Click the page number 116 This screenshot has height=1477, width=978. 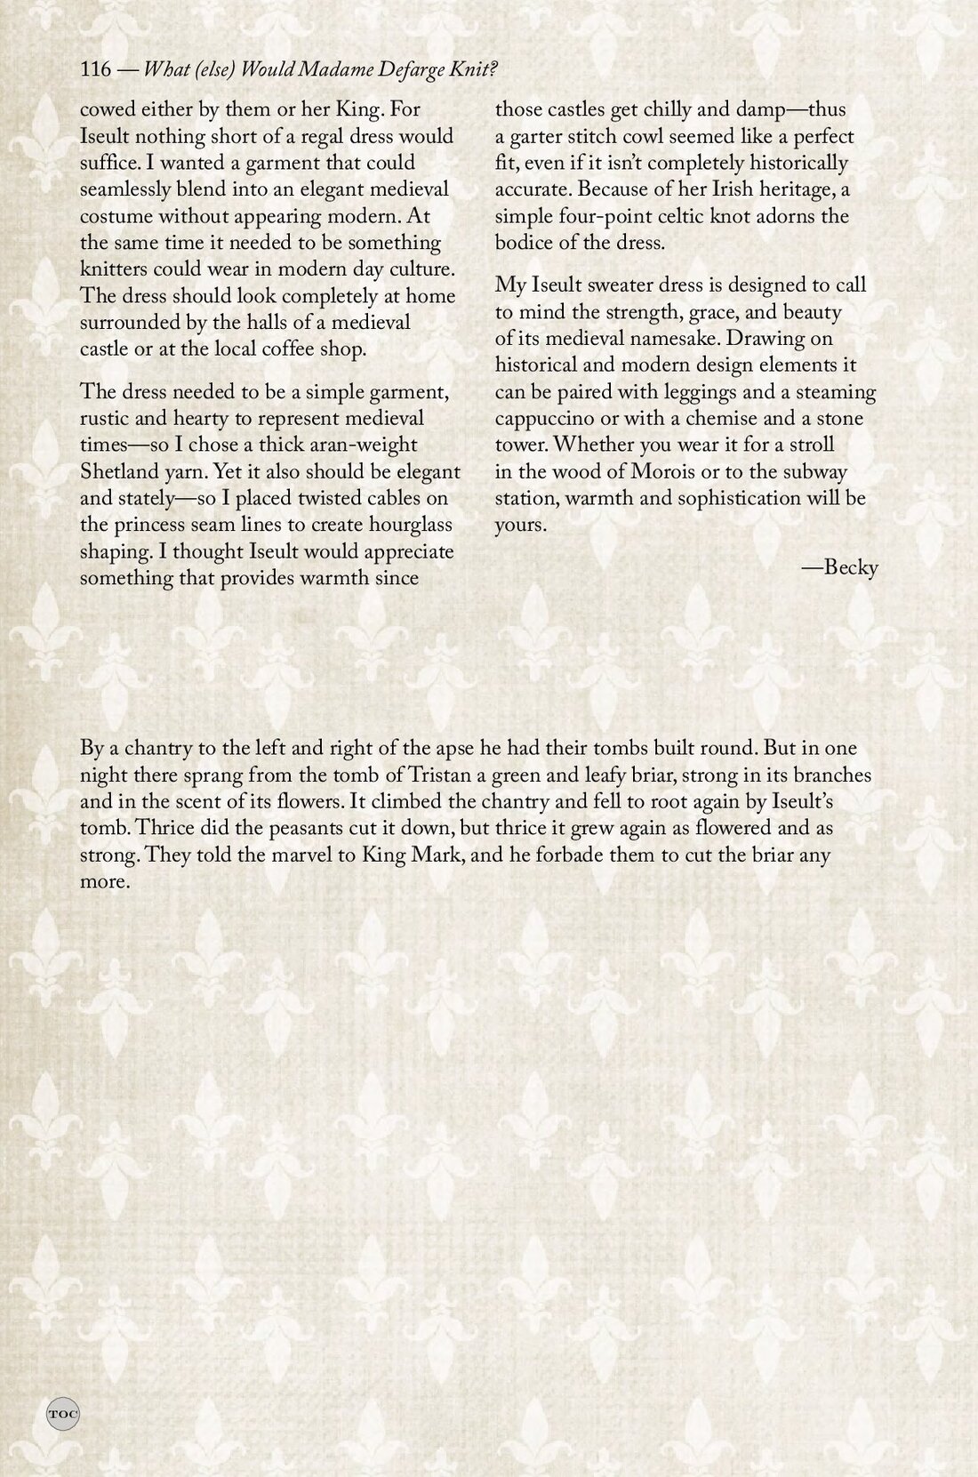coord(94,70)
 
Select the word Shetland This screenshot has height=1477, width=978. coord(116,472)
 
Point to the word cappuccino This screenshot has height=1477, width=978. coord(543,419)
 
